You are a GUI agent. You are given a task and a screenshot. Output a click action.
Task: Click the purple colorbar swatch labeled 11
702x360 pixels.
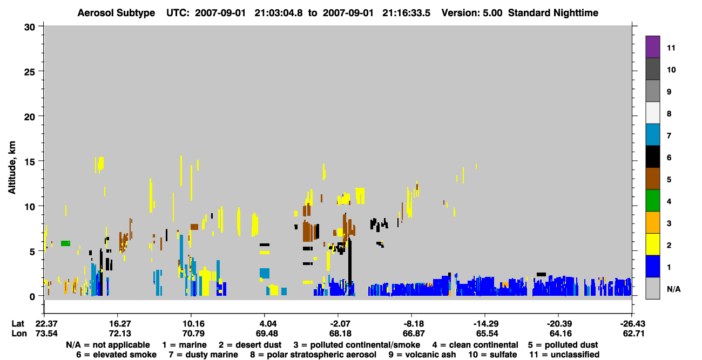[652, 46]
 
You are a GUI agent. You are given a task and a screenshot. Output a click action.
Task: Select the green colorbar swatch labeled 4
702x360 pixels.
[652, 201]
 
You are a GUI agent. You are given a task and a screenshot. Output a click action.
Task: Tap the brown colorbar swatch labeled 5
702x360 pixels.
[652, 179]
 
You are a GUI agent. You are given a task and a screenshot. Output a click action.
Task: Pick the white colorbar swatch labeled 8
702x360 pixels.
[652, 113]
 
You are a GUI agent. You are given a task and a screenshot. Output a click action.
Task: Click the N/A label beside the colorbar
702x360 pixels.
[673, 289]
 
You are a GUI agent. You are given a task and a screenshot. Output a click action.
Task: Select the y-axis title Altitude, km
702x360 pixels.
[12, 168]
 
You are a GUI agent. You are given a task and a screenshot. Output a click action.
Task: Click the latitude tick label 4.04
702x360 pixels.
[264, 324]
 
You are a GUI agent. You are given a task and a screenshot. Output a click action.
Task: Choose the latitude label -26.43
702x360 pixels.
[632, 324]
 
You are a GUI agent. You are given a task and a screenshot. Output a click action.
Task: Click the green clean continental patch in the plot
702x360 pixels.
[65, 243]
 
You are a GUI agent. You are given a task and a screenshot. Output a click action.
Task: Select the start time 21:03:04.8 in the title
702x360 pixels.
[278, 13]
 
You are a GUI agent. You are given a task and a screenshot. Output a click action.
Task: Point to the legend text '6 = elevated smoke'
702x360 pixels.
[116, 355]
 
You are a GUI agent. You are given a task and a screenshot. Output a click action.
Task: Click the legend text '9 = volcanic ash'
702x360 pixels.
[422, 355]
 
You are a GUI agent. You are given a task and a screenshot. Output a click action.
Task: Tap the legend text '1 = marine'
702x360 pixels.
[184, 345]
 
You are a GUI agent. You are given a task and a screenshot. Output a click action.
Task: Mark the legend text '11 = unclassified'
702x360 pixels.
[564, 355]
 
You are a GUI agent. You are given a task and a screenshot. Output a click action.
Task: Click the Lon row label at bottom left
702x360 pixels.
[19, 334]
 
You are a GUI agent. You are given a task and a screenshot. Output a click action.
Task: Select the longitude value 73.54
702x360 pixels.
[46, 334]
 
